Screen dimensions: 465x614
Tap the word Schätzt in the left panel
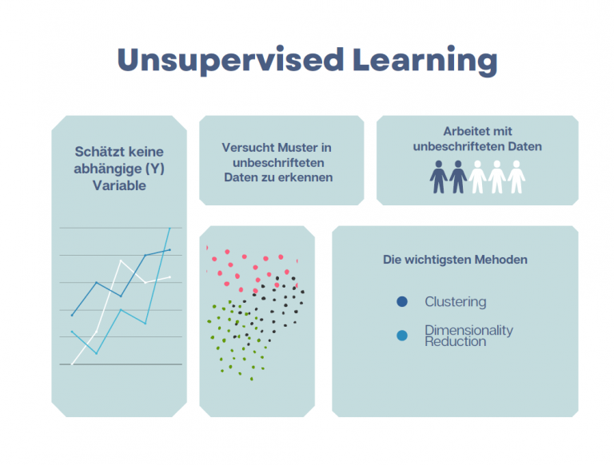(x=97, y=151)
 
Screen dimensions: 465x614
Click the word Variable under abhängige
(x=119, y=185)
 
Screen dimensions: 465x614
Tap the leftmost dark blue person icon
(x=437, y=177)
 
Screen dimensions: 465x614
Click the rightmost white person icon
(x=516, y=177)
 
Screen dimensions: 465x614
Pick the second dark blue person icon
(x=457, y=177)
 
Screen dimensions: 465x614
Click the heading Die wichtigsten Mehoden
(x=455, y=260)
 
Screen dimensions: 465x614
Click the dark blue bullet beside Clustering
(x=402, y=302)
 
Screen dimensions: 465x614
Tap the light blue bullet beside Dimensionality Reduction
(x=402, y=336)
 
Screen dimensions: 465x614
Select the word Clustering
(x=455, y=302)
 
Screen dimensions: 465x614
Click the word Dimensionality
(x=468, y=330)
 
